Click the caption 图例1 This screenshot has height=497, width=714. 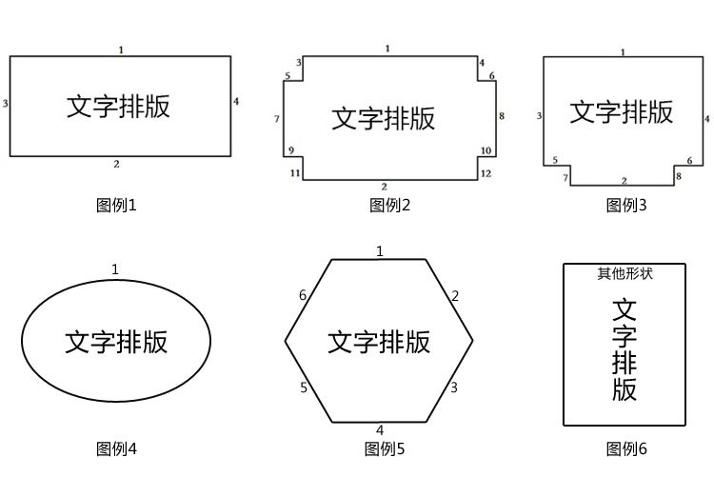pos(117,205)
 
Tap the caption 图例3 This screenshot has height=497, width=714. pos(626,205)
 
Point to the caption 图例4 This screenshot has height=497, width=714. pos(117,448)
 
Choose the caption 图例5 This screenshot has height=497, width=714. pos(385,448)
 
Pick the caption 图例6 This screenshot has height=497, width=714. pos(626,448)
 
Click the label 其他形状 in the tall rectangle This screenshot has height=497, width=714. pos(625,274)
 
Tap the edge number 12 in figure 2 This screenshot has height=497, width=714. pos(486,173)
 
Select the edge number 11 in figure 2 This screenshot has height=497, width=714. pos(295,172)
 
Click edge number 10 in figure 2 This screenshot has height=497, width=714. pos(486,150)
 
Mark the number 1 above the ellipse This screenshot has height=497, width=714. pos(115,269)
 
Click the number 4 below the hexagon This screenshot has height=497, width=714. pos(380,430)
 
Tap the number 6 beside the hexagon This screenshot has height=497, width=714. pos(303,296)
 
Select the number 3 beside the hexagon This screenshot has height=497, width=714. pos(454,388)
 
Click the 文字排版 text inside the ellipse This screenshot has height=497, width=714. pos(116,342)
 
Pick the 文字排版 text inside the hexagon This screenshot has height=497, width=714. pos(379,342)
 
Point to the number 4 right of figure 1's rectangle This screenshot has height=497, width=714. pos(236,101)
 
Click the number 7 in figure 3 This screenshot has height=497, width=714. pos(565,178)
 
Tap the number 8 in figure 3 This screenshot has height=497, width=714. pos(679,177)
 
